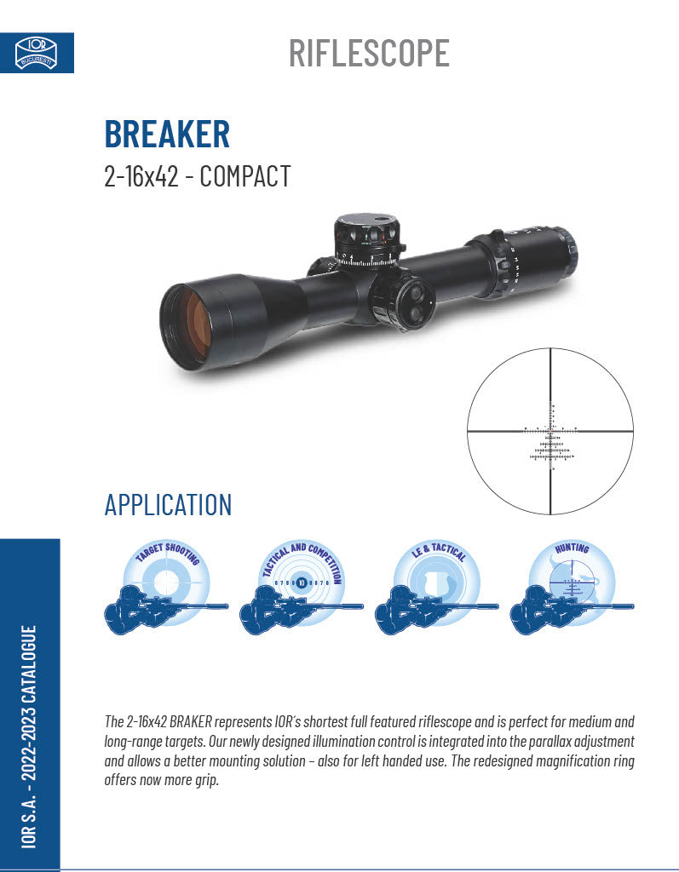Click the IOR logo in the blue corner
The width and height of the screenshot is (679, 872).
click(36, 52)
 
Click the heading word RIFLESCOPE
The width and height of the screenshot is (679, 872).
click(369, 53)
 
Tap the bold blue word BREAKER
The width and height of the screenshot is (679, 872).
click(167, 134)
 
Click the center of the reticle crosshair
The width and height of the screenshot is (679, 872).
click(551, 432)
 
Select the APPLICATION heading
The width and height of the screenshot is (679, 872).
click(168, 504)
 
